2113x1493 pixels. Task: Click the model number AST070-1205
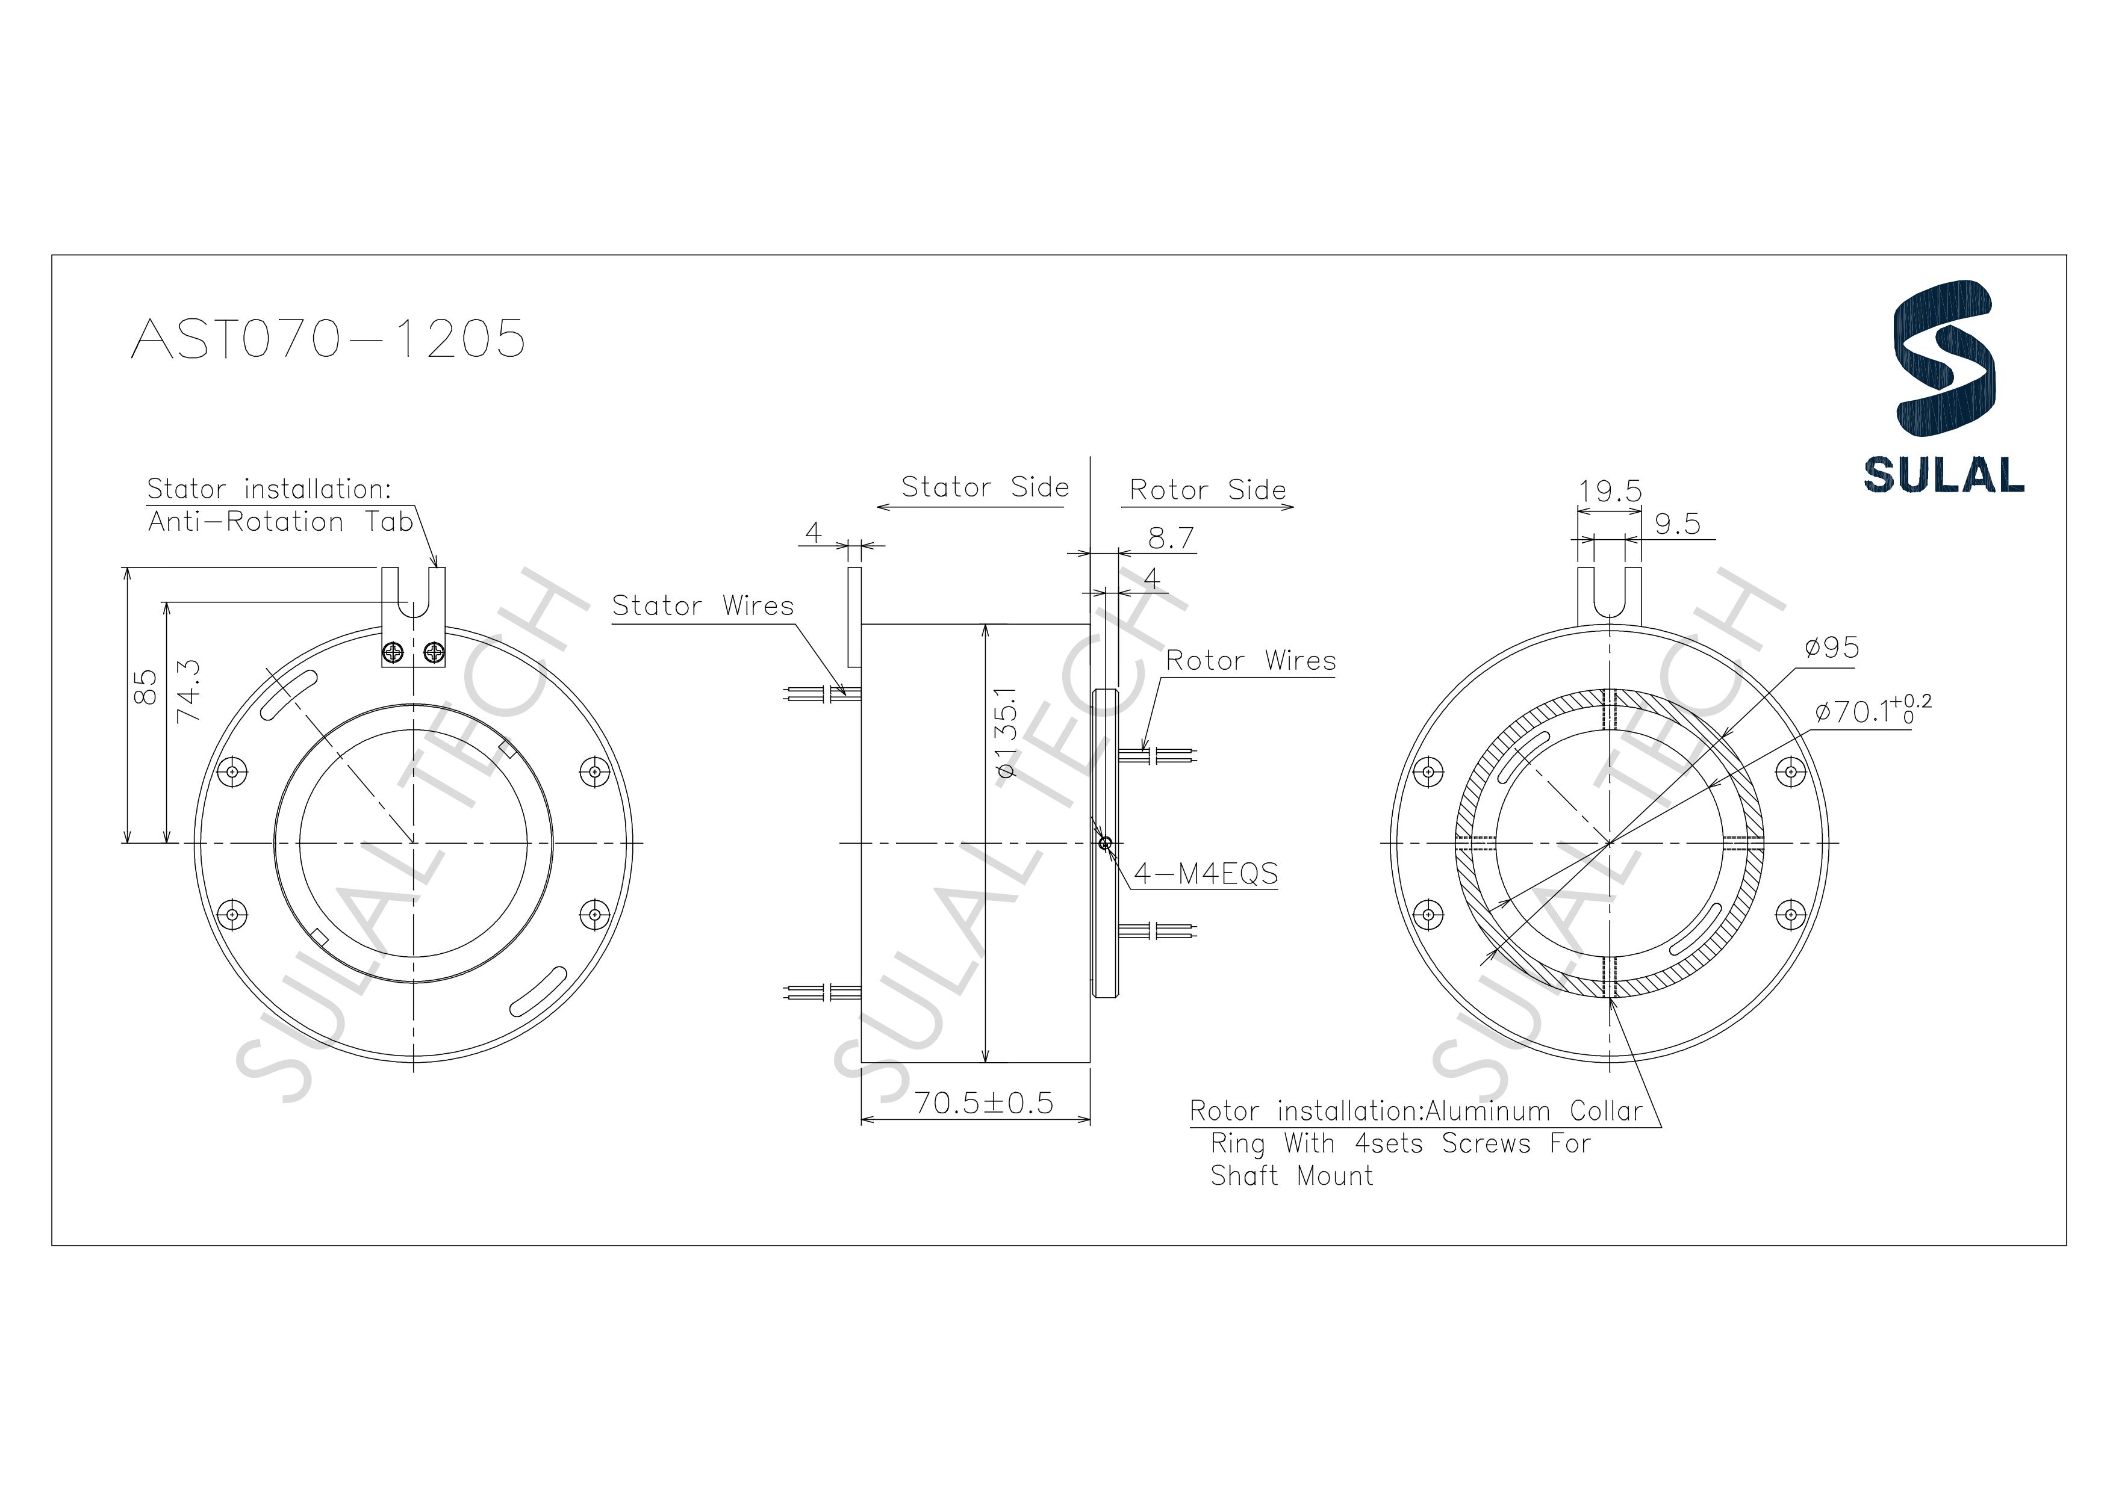coord(329,339)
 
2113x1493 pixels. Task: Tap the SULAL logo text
coord(1944,475)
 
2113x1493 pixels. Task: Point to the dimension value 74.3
coord(188,689)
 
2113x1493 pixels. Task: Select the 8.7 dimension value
coord(1171,538)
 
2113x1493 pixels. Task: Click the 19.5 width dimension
coord(1610,491)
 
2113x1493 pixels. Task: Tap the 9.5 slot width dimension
coord(1677,524)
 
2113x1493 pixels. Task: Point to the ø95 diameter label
coord(1831,648)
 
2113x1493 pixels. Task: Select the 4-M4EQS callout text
coord(1206,873)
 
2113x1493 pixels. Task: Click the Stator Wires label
coord(702,605)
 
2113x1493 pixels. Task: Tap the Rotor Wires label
coord(1249,661)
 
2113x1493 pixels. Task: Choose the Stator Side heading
coord(984,487)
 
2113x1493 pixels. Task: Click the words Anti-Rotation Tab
coord(281,522)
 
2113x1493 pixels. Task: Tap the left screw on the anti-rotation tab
coord(394,653)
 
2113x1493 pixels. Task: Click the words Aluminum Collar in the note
coord(1533,1111)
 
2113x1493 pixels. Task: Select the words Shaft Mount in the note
coord(1291,1176)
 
